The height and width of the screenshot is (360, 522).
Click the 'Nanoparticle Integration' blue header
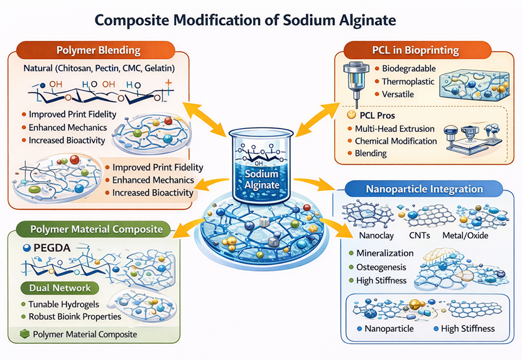(425, 188)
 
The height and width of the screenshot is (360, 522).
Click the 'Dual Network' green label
(59, 288)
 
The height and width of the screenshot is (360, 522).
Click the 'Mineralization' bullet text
(385, 253)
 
